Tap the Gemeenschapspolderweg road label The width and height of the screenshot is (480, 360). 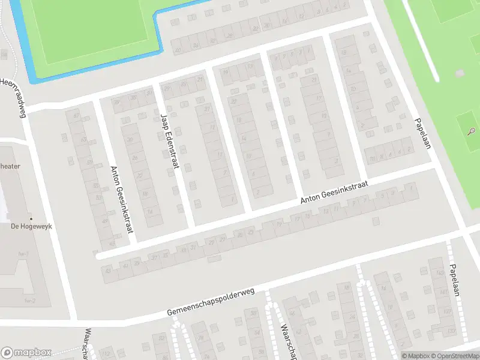coord(211,304)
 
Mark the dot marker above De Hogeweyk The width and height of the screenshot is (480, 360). coord(31,218)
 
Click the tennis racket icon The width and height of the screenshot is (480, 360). coord(472,131)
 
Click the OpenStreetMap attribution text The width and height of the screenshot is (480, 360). coord(454,355)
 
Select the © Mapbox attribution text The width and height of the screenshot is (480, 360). coord(415,355)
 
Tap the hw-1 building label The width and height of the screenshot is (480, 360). coord(23,254)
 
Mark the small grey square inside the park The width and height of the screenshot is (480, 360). coord(460,73)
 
